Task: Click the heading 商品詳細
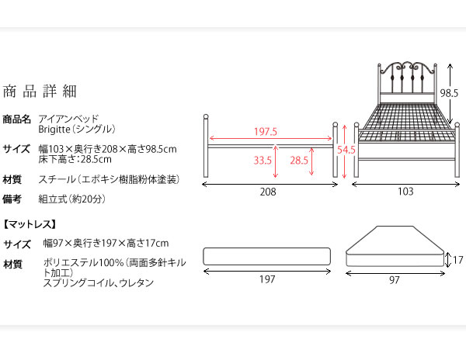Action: pyautogui.click(x=40, y=91)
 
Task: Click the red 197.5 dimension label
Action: pyautogui.click(x=266, y=131)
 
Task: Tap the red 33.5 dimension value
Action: pyautogui.click(x=263, y=161)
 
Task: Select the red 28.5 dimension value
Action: pyautogui.click(x=299, y=161)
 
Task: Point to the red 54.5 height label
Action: pyautogui.click(x=346, y=150)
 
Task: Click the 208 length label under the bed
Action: pyautogui.click(x=268, y=192)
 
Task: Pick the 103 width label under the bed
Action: pyautogui.click(x=405, y=192)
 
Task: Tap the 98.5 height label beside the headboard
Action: pyautogui.click(x=449, y=93)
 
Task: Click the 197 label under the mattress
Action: pyautogui.click(x=267, y=279)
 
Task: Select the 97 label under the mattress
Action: pyautogui.click(x=395, y=280)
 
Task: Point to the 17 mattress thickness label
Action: pyautogui.click(x=458, y=260)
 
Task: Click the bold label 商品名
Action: pyautogui.click(x=16, y=119)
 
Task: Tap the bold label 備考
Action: pyautogui.click(x=12, y=199)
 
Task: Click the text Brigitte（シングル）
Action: pyautogui.click(x=77, y=130)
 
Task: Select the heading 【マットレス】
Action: pyautogui.click(x=30, y=224)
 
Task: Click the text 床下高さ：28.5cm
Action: pyautogui.click(x=75, y=159)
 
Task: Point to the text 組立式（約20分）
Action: pyautogui.click(x=72, y=199)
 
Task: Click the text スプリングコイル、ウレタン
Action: pyautogui.click(x=99, y=282)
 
